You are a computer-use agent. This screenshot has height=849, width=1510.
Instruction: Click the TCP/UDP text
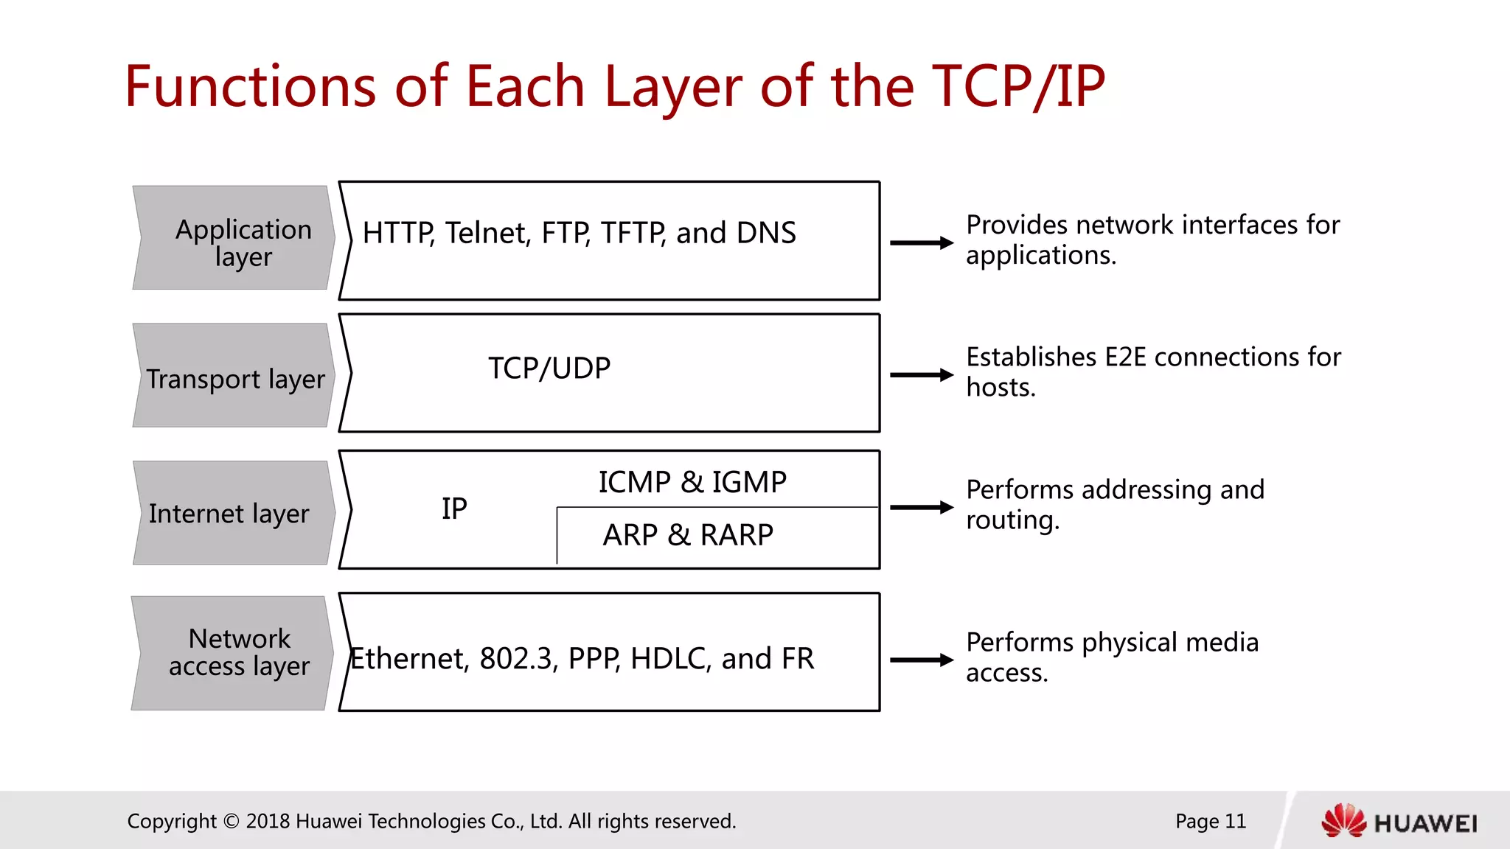pos(549,368)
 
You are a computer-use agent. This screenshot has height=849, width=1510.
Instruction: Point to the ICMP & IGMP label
pos(692,483)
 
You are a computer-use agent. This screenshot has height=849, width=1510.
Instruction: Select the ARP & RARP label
pos(687,535)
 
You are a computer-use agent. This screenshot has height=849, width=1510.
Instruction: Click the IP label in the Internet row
pos(454,509)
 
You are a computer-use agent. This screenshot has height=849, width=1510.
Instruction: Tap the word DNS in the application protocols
pos(766,233)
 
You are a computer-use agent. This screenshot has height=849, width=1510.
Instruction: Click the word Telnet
pos(487,233)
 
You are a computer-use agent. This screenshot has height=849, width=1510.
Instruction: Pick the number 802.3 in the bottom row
pos(516,659)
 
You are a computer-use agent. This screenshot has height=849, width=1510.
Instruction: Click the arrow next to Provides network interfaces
pos(921,242)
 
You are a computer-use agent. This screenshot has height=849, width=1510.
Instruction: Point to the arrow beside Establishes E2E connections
pos(921,375)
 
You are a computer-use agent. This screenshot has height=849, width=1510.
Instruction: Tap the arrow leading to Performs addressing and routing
pos(921,507)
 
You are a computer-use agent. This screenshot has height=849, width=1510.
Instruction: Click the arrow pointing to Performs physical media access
pos(921,660)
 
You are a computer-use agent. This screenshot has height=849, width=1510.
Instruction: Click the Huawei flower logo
pos(1343,821)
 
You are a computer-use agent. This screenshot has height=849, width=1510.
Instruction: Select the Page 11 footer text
pos(1210,821)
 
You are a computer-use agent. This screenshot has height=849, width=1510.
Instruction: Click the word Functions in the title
pos(250,86)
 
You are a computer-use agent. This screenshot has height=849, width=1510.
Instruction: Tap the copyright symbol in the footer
pos(231,821)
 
